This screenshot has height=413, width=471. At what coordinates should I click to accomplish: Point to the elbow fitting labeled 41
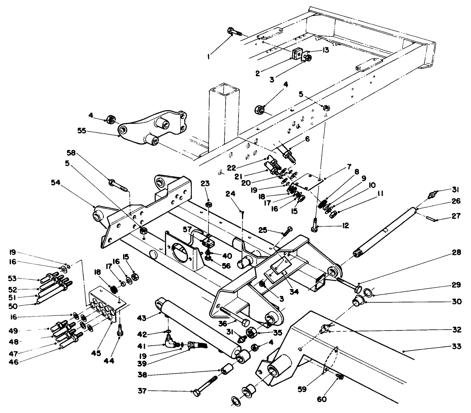[170, 345]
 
